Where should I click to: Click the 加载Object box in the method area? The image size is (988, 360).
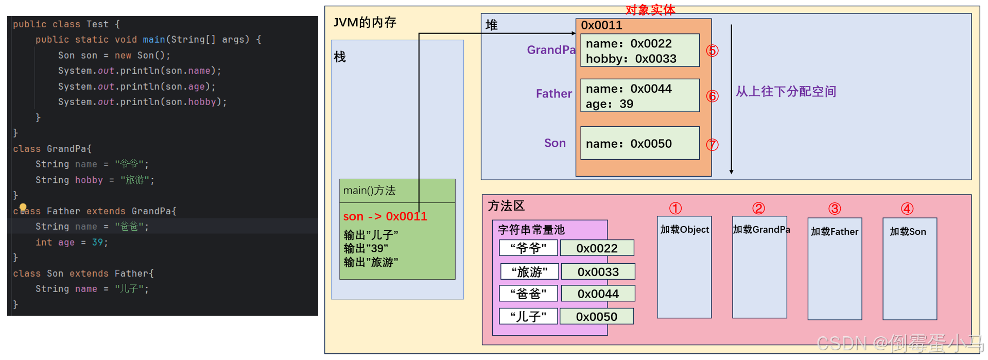684,267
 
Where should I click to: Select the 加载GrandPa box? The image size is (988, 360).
759,267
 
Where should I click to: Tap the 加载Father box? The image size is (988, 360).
835,268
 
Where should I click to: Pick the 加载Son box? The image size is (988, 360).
909,268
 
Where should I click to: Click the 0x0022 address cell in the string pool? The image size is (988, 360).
597,248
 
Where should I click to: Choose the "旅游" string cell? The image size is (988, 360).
529,271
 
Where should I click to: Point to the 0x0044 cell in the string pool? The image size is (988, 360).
598,294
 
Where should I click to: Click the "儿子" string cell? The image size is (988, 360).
528,316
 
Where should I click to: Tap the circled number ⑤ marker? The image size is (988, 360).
712,50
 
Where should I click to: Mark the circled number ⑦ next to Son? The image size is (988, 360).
712,145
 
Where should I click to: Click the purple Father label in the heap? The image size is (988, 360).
553,94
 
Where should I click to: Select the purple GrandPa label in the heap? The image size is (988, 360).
551,50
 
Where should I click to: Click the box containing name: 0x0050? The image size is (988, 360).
639,143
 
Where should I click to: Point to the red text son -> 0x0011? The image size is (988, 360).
385,216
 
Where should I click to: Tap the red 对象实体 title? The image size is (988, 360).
650,10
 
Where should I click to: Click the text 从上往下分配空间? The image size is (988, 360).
786,92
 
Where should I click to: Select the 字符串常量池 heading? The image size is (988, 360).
531,230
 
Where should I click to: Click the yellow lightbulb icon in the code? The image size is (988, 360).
23,207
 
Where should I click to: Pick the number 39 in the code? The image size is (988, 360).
97,242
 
